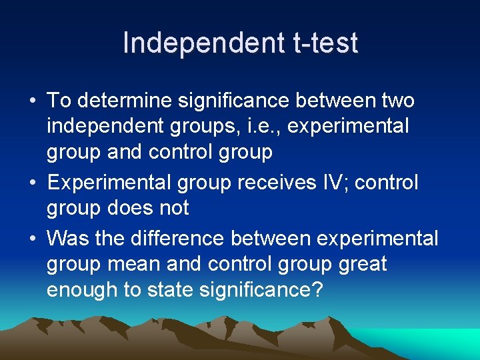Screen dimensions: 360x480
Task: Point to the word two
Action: [x=397, y=101]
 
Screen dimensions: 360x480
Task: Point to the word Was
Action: [x=67, y=238]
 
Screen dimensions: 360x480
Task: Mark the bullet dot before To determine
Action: [x=32, y=102]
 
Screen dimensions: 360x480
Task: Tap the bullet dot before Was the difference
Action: [x=32, y=239]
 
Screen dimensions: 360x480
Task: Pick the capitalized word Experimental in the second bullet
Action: [x=105, y=183]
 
